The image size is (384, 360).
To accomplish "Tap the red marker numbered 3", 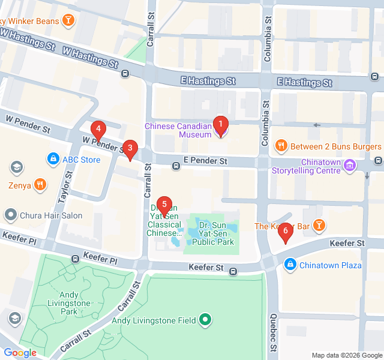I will pyautogui.click(x=130, y=149).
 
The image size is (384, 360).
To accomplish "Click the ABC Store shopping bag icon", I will pyautogui.click(x=53, y=159).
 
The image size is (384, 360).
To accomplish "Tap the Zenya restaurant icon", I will pyautogui.click(x=40, y=185).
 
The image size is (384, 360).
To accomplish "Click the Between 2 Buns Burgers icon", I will pyautogui.click(x=280, y=146).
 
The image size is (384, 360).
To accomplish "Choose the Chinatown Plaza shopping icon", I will pyautogui.click(x=290, y=264).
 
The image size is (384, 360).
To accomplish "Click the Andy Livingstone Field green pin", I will pyautogui.click(x=206, y=320).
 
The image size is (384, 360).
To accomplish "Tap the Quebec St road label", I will pyautogui.click(x=274, y=332).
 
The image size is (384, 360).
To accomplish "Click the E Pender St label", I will pyautogui.click(x=205, y=161).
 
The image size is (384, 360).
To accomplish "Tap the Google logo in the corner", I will pyautogui.click(x=20, y=353).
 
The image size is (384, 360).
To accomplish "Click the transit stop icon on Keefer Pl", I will pyautogui.click(x=75, y=259).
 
